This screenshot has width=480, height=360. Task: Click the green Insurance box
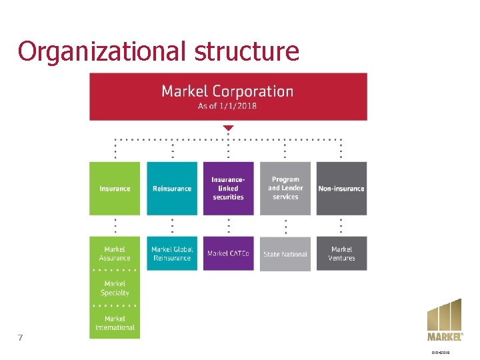[x=115, y=188]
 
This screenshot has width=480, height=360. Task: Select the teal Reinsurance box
[x=172, y=188]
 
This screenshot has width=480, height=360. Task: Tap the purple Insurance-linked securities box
[x=228, y=188]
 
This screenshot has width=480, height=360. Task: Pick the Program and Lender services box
[x=285, y=188]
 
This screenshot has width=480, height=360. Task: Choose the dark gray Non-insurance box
[x=341, y=188]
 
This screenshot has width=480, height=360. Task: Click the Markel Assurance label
[x=115, y=254]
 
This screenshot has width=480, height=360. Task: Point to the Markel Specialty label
[x=115, y=289]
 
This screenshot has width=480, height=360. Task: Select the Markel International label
[x=115, y=323]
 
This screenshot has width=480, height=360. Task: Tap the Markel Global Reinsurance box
[x=172, y=253]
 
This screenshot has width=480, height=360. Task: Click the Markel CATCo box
[x=228, y=253]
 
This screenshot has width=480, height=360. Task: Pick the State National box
[x=285, y=254]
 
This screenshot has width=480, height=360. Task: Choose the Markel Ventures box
[x=341, y=253]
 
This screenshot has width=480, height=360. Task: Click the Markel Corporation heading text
[x=227, y=91]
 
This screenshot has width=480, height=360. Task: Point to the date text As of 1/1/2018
[x=227, y=106]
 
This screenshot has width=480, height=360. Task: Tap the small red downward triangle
[x=228, y=127]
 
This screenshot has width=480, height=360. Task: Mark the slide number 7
[x=21, y=337]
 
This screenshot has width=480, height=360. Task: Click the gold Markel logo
[x=445, y=320]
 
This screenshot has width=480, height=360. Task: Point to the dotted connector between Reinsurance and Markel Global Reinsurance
[x=172, y=225]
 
